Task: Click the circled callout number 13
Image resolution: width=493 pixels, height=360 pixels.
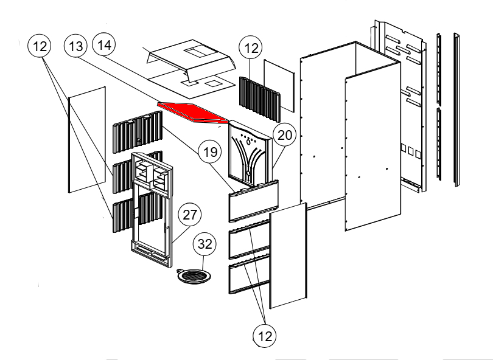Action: pyautogui.click(x=77, y=47)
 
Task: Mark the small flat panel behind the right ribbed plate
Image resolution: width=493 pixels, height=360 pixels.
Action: pyautogui.click(x=278, y=85)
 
